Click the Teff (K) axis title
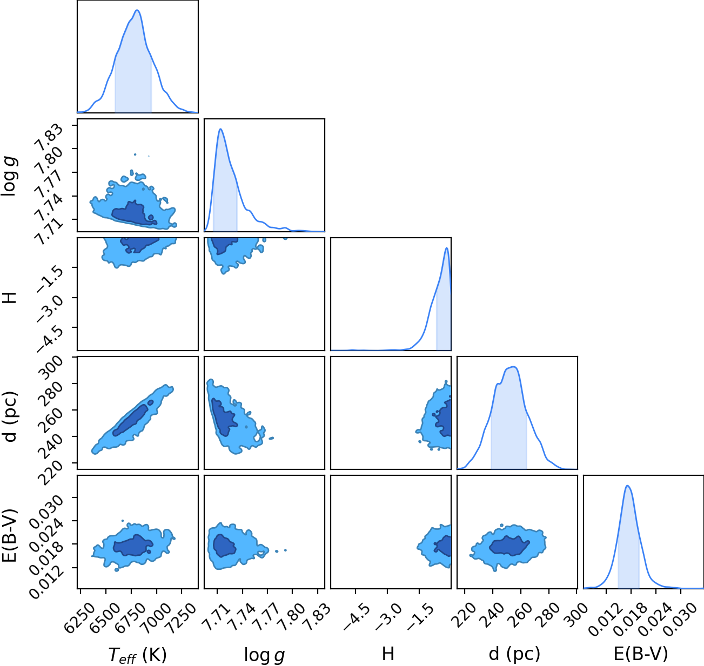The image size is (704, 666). (138, 655)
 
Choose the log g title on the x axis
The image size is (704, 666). (264, 655)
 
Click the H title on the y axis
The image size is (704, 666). (10, 298)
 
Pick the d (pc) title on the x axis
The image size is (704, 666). (514, 654)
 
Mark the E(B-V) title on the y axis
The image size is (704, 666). (10, 535)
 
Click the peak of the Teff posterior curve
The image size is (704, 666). (137, 10)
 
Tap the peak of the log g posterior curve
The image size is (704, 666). (220, 129)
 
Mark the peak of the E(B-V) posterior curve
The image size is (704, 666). (627, 486)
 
